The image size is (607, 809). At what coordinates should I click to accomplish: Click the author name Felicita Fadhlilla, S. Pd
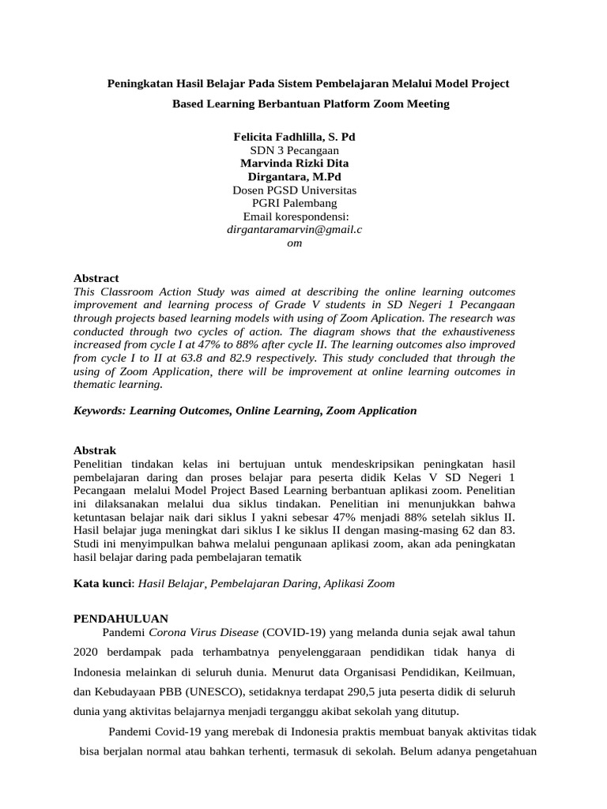(x=295, y=137)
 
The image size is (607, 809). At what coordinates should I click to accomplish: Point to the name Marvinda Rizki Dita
(x=294, y=164)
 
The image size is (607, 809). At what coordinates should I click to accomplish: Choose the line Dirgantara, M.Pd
(x=294, y=177)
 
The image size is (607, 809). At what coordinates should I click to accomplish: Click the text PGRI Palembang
(x=294, y=204)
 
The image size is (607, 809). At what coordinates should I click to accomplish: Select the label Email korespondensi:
(x=296, y=217)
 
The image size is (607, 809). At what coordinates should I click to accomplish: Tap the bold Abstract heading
(x=96, y=278)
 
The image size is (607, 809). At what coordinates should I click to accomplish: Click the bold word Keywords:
(x=100, y=411)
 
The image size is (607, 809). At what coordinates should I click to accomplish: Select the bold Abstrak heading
(x=94, y=450)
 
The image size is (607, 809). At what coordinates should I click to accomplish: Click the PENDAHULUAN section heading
(x=120, y=619)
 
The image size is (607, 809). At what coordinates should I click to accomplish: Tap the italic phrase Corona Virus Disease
(x=205, y=633)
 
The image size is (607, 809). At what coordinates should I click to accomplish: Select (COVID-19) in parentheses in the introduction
(x=292, y=633)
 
